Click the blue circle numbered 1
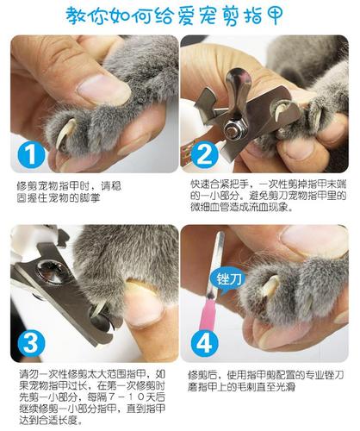coord(30,154)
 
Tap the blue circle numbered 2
coord(202,154)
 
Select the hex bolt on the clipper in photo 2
coord(233,130)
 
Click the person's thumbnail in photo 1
coord(101,87)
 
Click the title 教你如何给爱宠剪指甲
coord(179,15)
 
